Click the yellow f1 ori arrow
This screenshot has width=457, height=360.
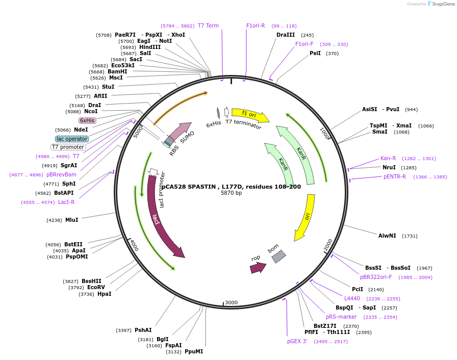pos(249,115)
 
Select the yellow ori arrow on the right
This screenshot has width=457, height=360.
pos(306,217)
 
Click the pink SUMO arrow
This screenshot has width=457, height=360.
pos(179,132)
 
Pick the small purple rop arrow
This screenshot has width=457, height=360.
pos(258,267)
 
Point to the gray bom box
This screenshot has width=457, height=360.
pos(278,256)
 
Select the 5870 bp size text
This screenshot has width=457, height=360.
pos(231,193)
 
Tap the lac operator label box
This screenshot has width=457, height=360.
pos(72,139)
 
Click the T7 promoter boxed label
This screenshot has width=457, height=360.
pos(68,147)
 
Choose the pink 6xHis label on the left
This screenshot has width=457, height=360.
pos(87,120)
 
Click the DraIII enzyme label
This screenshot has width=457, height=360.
pos(286,35)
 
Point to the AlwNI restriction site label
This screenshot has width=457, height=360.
pos(387,236)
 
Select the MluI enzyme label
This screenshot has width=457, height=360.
pos(71,220)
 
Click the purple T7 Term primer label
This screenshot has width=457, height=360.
pos(208,26)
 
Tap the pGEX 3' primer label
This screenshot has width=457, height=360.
pos(297,341)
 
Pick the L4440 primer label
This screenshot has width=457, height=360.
pos(352,298)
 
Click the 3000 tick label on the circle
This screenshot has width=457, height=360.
pos(231,302)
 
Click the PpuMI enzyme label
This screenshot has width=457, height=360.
pos(194,351)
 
